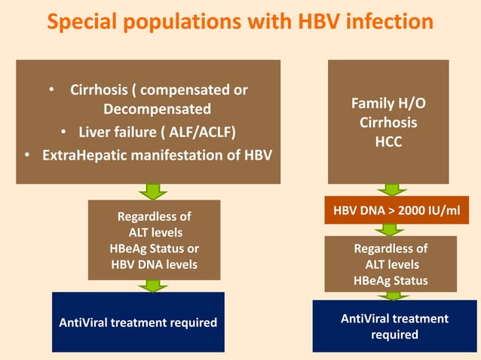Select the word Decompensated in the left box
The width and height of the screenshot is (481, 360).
coord(157,110)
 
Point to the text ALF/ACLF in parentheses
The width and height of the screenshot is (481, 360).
coord(204,133)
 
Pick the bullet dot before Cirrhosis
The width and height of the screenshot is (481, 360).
coord(51,91)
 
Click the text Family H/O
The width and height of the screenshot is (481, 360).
coord(388,102)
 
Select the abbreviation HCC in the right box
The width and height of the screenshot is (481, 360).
coord(388,141)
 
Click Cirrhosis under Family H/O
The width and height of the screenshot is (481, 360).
coord(388,122)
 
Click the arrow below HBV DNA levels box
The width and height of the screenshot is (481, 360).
coord(153,285)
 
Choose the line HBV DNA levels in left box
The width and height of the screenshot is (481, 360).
coord(154,264)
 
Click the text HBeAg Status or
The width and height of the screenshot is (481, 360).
coord(154,248)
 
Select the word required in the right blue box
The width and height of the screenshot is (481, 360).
coord(394,334)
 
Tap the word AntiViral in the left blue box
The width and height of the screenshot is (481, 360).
coord(83,322)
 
